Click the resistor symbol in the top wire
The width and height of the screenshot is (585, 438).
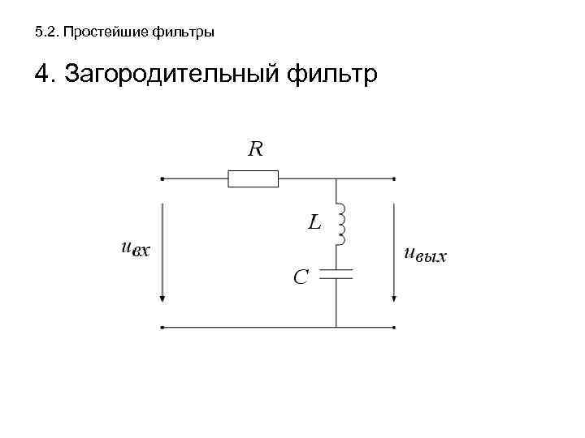(253, 178)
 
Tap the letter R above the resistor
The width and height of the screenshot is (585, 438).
(256, 148)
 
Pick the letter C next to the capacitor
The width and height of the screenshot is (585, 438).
(301, 277)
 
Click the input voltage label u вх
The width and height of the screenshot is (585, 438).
(135, 251)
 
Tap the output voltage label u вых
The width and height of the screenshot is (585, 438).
(425, 255)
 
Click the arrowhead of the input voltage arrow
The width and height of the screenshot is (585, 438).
(163, 297)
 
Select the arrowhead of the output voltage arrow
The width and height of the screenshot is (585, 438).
(395, 297)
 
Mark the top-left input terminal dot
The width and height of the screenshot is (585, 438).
(163, 178)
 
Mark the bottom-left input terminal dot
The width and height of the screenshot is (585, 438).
(163, 328)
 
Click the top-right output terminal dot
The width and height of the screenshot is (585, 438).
(395, 178)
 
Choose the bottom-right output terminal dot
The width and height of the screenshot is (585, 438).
(395, 328)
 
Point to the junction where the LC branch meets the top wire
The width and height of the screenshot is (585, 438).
(336, 178)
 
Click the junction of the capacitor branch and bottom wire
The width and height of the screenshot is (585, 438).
(336, 328)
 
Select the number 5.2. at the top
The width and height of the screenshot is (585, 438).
(47, 33)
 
